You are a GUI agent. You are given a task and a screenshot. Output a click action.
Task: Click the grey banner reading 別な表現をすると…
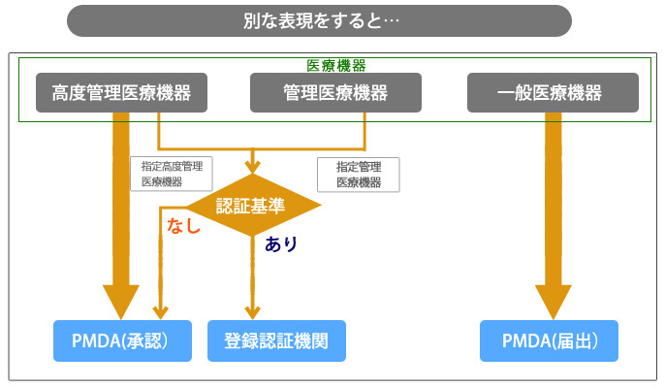click(x=319, y=20)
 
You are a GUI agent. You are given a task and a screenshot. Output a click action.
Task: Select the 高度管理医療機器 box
click(x=122, y=92)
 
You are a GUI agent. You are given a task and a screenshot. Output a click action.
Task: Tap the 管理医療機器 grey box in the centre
click(x=335, y=92)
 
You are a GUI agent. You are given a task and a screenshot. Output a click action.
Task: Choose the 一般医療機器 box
click(x=553, y=92)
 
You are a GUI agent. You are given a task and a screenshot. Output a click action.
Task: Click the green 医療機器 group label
click(x=335, y=65)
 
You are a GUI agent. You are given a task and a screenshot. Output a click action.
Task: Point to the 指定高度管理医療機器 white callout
click(x=172, y=174)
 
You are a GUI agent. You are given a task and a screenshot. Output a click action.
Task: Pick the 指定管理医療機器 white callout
click(x=359, y=175)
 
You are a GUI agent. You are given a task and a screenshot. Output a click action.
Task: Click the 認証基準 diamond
click(x=253, y=205)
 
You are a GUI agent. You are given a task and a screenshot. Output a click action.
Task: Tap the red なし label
click(x=183, y=225)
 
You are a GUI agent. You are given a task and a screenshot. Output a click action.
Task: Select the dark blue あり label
click(x=281, y=244)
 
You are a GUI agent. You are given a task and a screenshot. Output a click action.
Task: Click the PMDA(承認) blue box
click(x=122, y=340)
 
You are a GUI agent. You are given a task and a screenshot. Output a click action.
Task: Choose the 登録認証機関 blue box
click(x=276, y=340)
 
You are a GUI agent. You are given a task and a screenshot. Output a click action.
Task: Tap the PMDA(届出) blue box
click(x=549, y=340)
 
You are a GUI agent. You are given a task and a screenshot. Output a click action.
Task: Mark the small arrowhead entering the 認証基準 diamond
click(x=252, y=167)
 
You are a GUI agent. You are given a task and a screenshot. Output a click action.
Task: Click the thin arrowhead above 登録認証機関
click(x=252, y=312)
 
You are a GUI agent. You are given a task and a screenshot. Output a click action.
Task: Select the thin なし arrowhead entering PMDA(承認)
click(x=160, y=312)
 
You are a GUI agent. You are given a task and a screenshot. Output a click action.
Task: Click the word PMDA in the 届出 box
click(x=523, y=340)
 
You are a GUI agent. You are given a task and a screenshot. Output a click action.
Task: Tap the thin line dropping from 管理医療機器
click(x=364, y=131)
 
